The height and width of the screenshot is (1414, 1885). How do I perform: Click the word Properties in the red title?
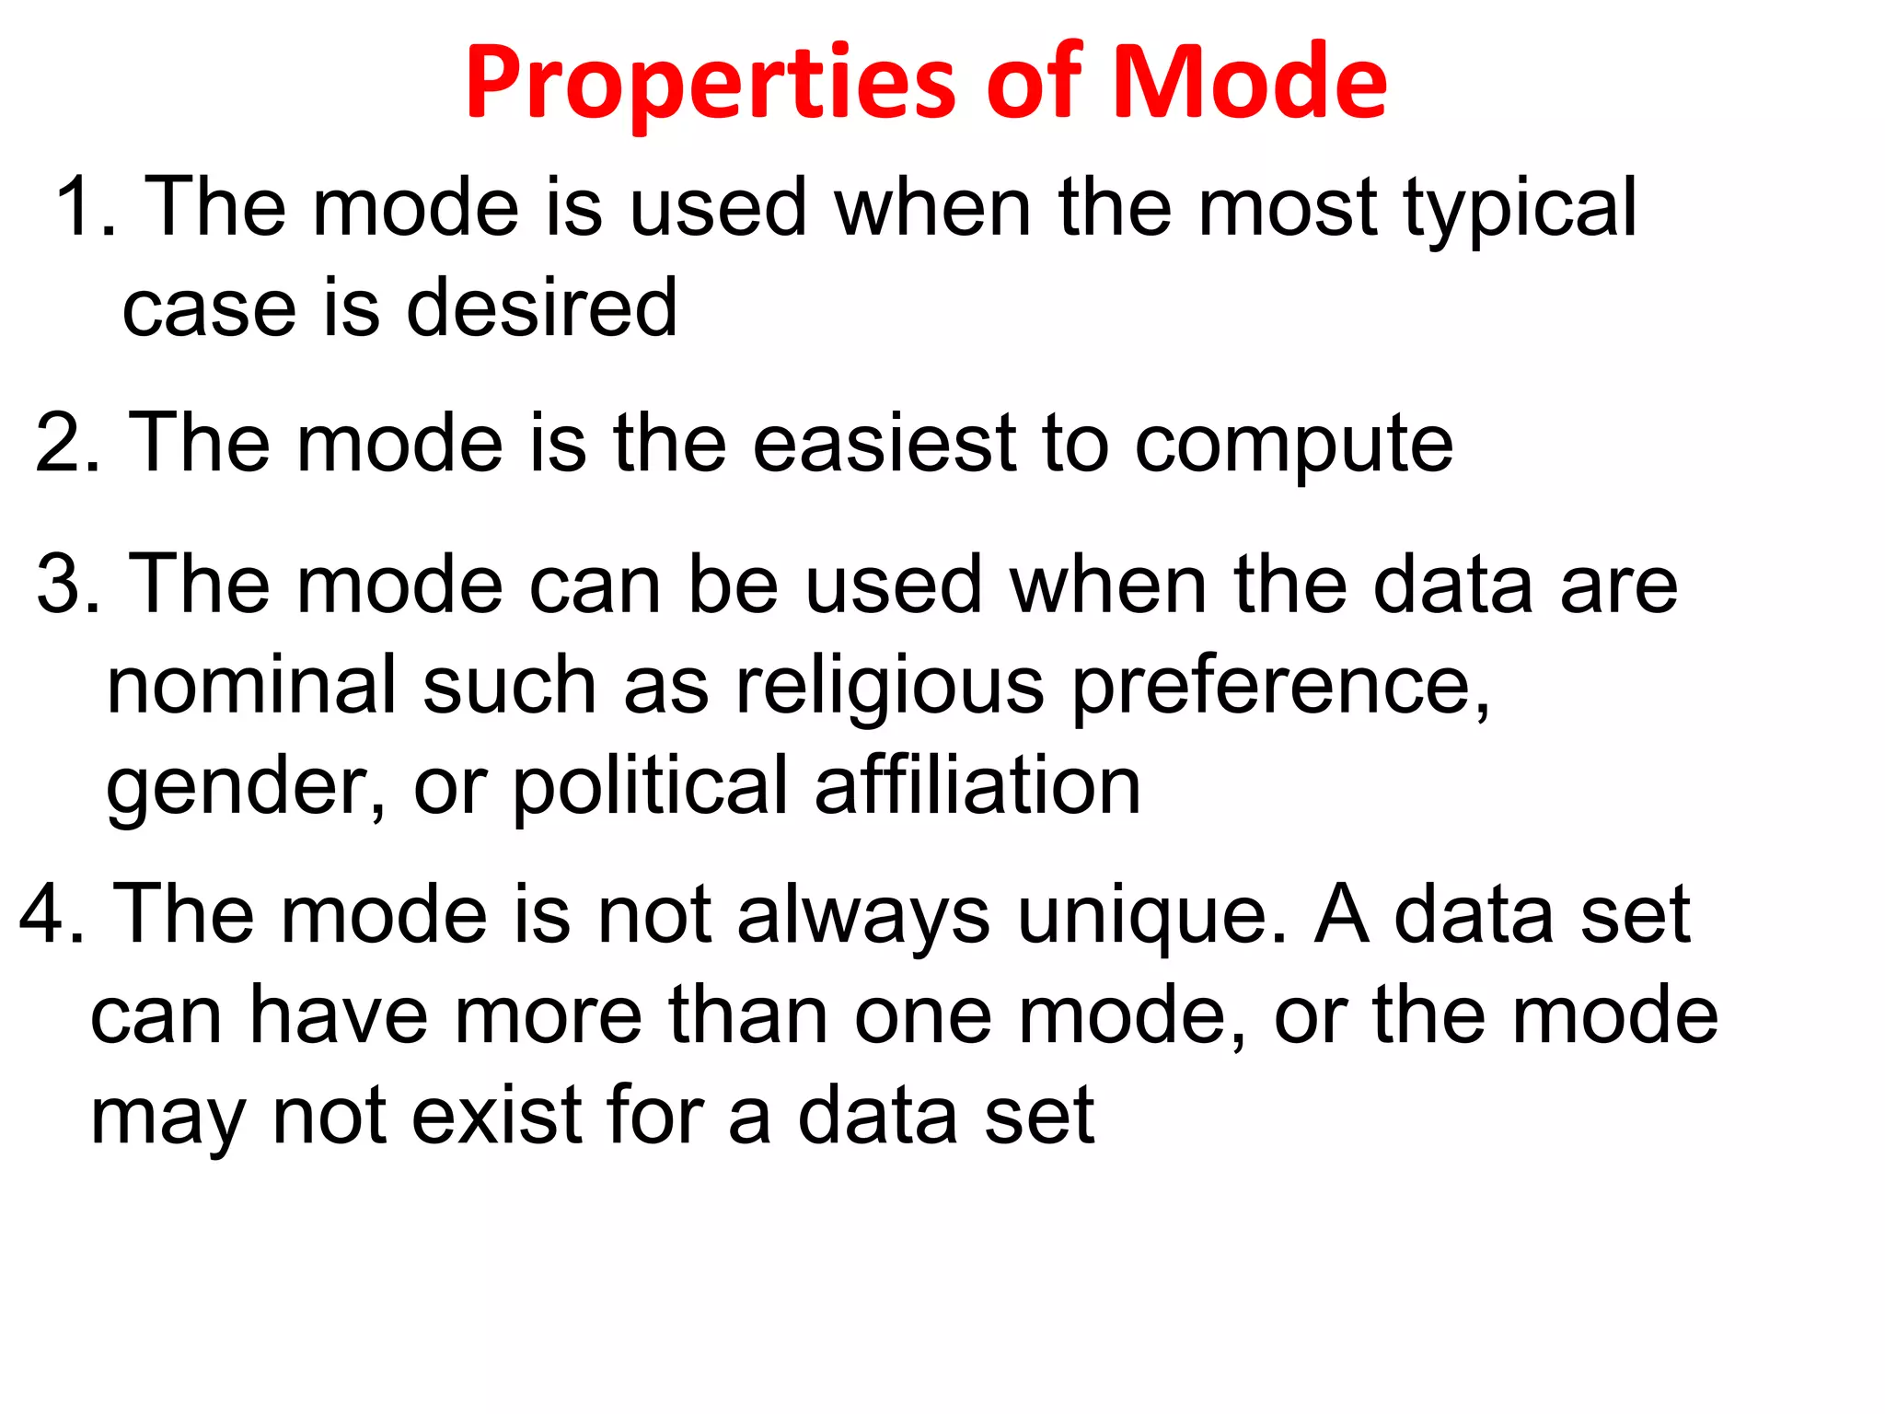713,85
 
